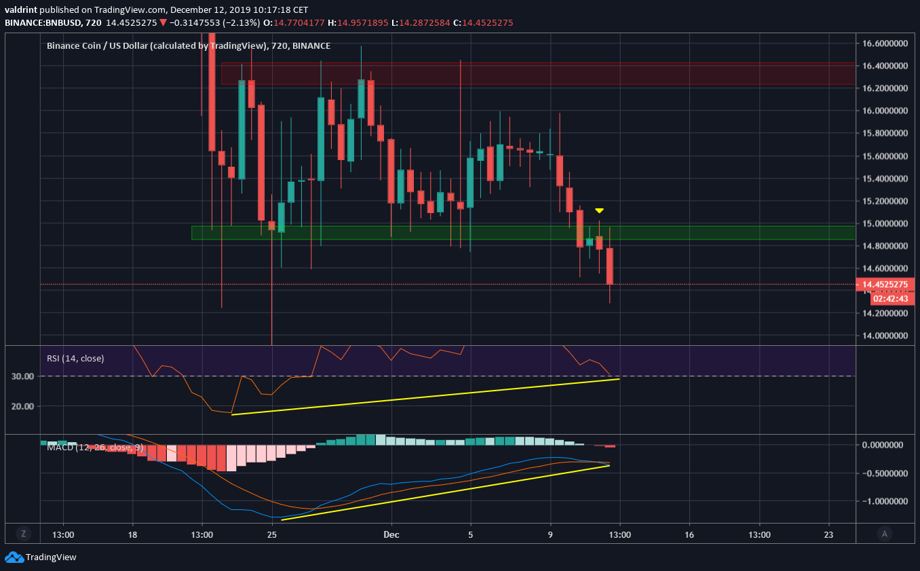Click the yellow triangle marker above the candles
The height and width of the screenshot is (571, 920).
coord(600,211)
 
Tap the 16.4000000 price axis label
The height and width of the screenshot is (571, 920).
coord(885,66)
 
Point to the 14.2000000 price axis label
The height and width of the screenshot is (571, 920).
coord(885,313)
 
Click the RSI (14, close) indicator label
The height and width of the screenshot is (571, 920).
coord(75,358)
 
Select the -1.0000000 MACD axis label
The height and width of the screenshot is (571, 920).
coord(884,501)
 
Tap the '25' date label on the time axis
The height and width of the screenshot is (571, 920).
coord(272,534)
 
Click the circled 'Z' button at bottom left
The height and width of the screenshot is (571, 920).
coord(24,533)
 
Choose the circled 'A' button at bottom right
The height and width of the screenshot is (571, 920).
coord(883,533)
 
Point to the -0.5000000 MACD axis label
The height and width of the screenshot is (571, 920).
coord(884,473)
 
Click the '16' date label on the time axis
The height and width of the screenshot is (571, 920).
coord(689,534)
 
